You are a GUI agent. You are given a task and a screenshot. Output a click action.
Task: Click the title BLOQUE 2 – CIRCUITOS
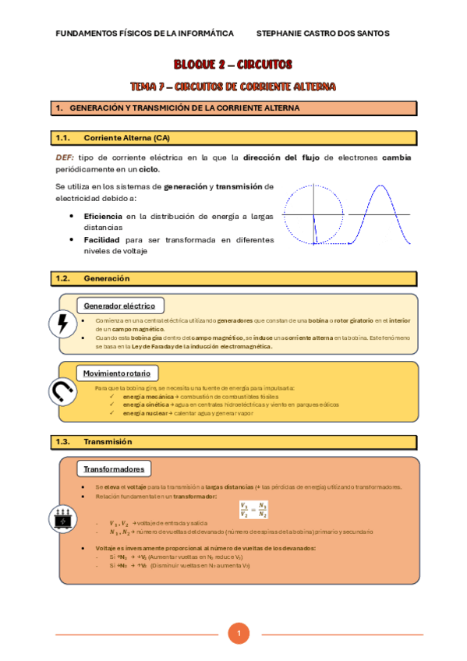[x=233, y=65]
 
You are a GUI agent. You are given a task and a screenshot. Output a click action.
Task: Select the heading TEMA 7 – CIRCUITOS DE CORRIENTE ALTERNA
[x=233, y=85]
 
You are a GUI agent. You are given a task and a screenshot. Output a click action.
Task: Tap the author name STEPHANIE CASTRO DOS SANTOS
[x=322, y=34]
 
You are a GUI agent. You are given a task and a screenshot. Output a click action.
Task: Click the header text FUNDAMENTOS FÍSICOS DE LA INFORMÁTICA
[x=145, y=34]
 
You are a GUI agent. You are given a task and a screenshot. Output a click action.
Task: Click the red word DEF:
[x=65, y=157]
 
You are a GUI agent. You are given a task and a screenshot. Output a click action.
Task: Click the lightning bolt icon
[x=62, y=324]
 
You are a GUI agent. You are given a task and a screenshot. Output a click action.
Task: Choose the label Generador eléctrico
[x=119, y=306]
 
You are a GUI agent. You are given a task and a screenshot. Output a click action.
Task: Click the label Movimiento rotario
[x=118, y=372]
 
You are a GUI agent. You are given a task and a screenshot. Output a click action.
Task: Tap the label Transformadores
[x=114, y=469]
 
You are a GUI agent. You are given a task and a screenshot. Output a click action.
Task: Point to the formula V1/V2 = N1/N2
[x=254, y=510]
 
